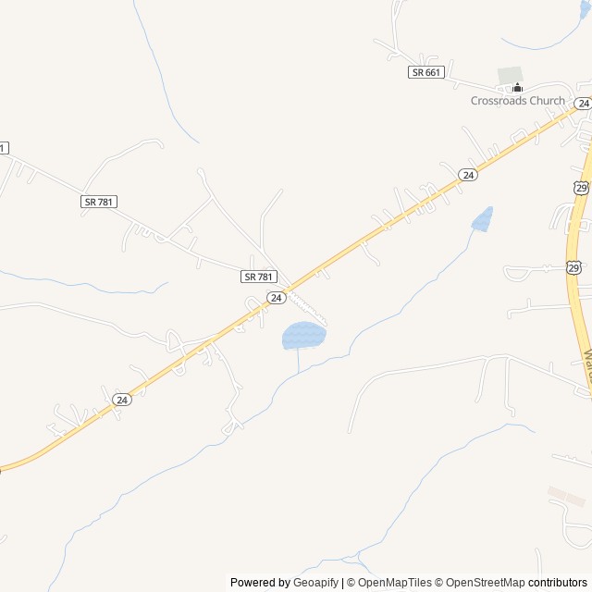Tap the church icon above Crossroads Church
point(517,88)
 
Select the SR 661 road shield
point(426,72)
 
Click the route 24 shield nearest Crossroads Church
point(582,103)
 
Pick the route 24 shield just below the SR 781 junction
point(276,297)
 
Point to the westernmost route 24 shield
point(122,399)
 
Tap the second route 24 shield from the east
point(469,175)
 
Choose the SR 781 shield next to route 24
point(259,277)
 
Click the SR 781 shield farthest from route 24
point(99,202)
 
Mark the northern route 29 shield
point(580,188)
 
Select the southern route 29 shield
point(573,267)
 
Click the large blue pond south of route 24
point(303,335)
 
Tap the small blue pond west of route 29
point(482,219)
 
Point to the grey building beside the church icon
point(510,73)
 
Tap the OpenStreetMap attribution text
point(482,583)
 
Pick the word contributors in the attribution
point(558,583)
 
